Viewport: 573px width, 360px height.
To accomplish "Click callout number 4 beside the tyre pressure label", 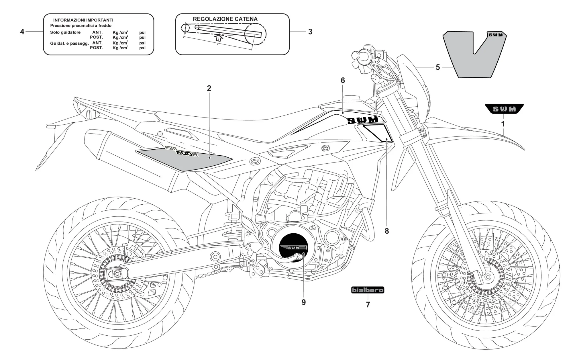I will coord(22,32).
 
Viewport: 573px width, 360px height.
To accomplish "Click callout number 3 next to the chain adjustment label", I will coord(310,32).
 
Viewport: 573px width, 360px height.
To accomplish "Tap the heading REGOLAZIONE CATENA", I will coord(225,19).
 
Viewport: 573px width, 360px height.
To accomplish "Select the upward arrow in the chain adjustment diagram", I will coord(219,38).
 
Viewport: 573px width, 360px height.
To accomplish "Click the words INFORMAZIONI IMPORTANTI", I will coord(83,20).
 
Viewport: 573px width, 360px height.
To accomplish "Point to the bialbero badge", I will coord(368,290).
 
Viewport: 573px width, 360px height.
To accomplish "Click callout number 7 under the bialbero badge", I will coord(368,305).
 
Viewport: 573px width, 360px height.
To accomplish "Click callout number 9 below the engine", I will coord(303,302).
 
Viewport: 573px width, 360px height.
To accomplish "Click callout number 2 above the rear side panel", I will coord(209,88).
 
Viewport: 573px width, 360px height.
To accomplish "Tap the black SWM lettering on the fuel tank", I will coord(362,120).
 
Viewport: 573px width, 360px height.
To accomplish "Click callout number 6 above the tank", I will coord(343,81).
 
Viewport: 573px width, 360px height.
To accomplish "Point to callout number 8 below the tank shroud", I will coord(386,231).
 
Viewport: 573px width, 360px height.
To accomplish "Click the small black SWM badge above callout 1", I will coord(504,109).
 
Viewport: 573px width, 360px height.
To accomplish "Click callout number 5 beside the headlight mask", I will coord(437,67).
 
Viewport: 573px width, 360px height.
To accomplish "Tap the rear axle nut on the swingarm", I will coord(117,274).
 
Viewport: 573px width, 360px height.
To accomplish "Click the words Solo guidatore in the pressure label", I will coord(65,32).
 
